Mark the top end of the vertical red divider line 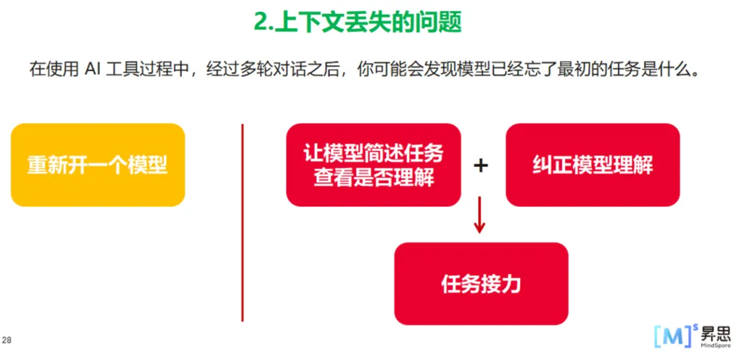[x=242, y=124]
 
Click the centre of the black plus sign [x=480, y=166]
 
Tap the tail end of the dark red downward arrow [x=479, y=196]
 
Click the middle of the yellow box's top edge [x=98, y=124]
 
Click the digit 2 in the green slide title [x=261, y=22]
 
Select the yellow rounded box [x=98, y=165]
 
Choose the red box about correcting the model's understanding [x=593, y=165]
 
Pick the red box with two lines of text [x=373, y=165]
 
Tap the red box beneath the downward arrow [x=481, y=284]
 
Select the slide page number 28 [x=7, y=340]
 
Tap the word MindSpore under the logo [x=716, y=345]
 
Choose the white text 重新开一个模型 [x=97, y=166]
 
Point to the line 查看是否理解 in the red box [x=373, y=178]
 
